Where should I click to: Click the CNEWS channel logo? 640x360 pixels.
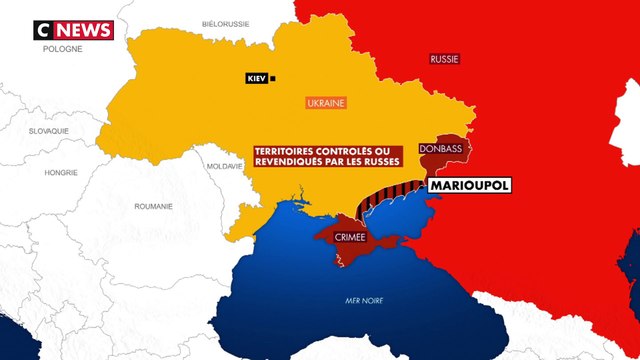click(74, 31)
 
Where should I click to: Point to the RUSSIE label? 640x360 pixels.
click(444, 59)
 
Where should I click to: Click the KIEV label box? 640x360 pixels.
click(257, 77)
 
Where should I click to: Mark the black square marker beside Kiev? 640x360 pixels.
click(274, 77)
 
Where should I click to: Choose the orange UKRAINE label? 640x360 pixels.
click(325, 103)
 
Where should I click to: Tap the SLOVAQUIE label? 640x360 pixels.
click(49, 131)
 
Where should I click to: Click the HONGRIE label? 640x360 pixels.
click(61, 172)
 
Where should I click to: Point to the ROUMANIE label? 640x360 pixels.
click(153, 206)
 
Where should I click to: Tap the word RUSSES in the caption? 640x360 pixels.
click(379, 160)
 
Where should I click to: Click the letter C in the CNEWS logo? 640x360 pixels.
click(45, 31)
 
